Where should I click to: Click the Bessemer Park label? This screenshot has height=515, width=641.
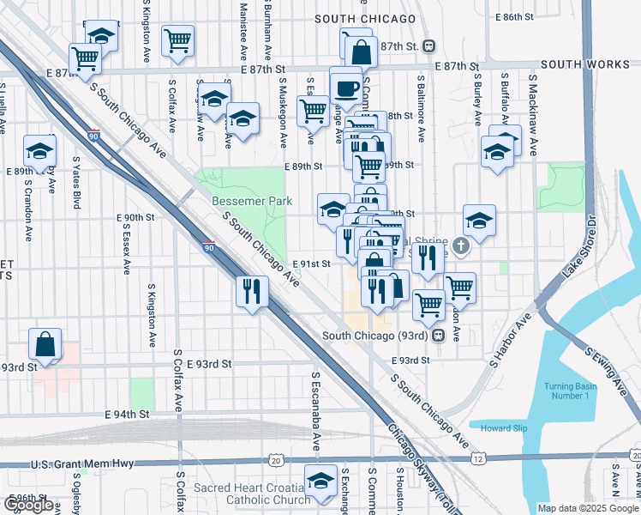(x=252, y=201)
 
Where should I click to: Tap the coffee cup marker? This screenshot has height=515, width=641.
(x=346, y=88)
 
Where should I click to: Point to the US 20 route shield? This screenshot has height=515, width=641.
(x=275, y=461)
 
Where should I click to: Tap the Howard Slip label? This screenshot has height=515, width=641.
(x=504, y=428)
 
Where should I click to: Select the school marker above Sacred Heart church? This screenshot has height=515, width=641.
(x=321, y=482)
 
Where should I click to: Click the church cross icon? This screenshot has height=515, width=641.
(x=461, y=247)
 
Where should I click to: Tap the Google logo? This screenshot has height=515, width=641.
(x=28, y=505)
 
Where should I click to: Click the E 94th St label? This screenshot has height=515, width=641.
(x=127, y=415)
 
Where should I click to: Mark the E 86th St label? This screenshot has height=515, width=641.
(x=514, y=16)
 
